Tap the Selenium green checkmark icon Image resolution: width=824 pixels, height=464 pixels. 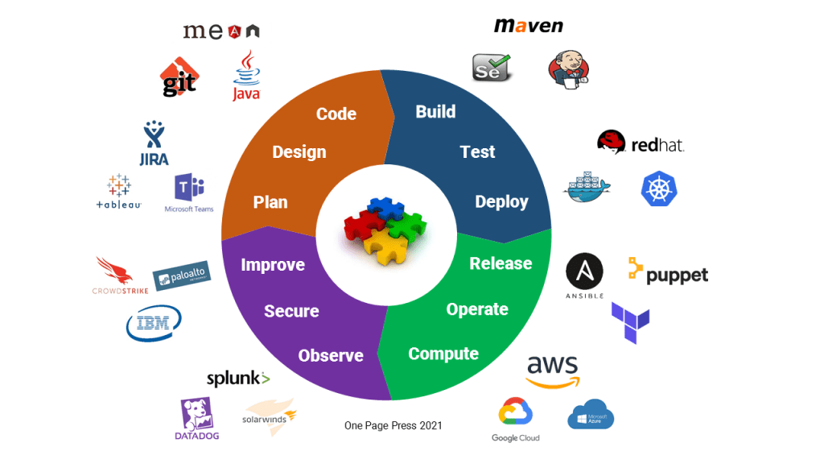point(492,68)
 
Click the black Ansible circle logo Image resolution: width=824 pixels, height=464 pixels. point(584,273)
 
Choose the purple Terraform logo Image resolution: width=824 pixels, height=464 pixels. point(630,321)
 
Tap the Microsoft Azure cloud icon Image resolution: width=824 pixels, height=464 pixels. point(591,414)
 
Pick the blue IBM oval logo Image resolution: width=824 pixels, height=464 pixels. point(154,323)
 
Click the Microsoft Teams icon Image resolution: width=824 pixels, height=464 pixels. point(189,190)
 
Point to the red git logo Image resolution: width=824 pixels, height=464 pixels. point(179,78)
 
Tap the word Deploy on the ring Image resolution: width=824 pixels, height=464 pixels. point(501,201)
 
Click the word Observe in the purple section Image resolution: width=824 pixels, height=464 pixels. point(331,355)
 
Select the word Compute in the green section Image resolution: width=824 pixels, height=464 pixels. point(443,354)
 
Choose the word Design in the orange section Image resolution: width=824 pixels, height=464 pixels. point(299,151)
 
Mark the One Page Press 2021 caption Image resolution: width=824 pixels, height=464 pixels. point(393,425)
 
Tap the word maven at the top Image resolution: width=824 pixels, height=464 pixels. point(528,25)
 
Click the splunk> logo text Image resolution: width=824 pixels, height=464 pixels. point(238,379)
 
